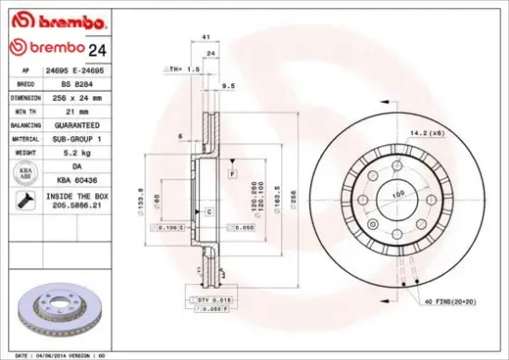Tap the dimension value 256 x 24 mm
click(x=77, y=96)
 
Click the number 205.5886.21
click(x=77, y=206)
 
